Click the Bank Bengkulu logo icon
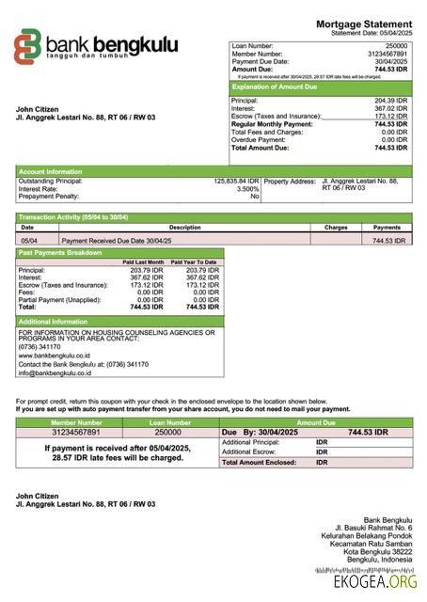point(28,47)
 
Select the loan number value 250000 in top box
point(396,45)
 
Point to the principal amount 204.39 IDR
point(390,100)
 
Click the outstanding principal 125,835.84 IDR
point(236,181)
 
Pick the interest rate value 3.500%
point(246,188)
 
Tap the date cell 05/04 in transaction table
point(29,241)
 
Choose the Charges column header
point(336,228)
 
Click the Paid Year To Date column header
point(194,262)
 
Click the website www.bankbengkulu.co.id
point(54,356)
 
